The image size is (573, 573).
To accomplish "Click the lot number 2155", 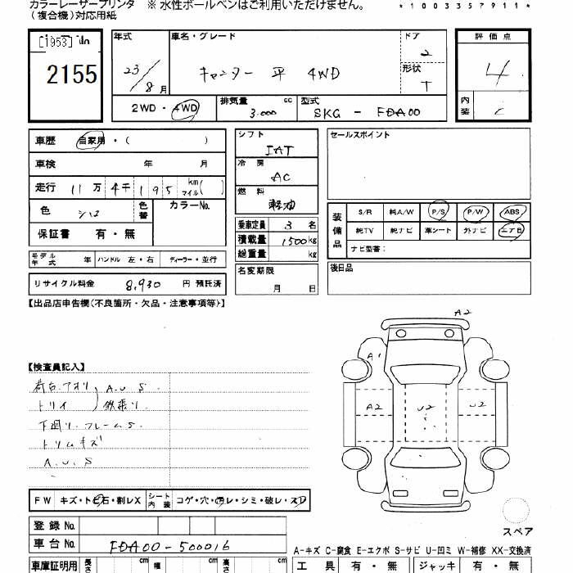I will [x=72, y=75].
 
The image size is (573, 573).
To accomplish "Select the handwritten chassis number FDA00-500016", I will [x=169, y=545].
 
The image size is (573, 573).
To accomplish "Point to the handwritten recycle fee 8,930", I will [x=143, y=284].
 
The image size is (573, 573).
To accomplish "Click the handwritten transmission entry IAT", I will [x=278, y=151].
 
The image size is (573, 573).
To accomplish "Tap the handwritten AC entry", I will [x=281, y=176].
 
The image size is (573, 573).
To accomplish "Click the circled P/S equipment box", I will [x=439, y=212].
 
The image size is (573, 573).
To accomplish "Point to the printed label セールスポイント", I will [x=360, y=135].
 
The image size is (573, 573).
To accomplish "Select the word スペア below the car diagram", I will [x=517, y=531].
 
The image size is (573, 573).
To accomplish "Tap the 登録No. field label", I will [x=55, y=525].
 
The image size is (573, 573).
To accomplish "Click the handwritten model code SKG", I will [x=327, y=113].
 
